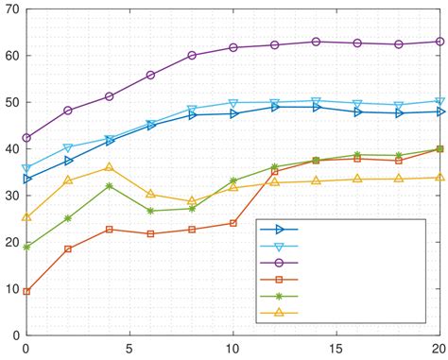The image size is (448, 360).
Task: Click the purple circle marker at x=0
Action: [x=26, y=138]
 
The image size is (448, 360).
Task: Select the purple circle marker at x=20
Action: [x=439, y=42]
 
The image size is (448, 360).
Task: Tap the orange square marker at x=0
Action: [x=26, y=291]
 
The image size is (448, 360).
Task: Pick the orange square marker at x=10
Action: [x=233, y=223]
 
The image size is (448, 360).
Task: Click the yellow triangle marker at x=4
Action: [x=109, y=167]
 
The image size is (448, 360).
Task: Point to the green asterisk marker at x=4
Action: [x=109, y=186]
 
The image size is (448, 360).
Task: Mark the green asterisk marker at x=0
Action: [x=26, y=247]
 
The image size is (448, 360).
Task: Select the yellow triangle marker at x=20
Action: [x=439, y=177]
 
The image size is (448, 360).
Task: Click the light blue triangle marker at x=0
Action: [x=26, y=168]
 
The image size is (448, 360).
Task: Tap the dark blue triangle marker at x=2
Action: [x=68, y=161]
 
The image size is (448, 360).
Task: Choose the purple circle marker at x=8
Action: [x=192, y=56]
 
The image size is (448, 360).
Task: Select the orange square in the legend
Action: [x=280, y=280]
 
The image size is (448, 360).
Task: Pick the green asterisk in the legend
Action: [x=280, y=296]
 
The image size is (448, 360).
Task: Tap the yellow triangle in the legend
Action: [x=280, y=313]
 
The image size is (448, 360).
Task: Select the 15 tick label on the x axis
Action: [x=336, y=348]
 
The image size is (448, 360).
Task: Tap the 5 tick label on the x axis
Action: [x=129, y=348]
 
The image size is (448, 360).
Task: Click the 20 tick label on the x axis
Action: [x=439, y=348]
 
